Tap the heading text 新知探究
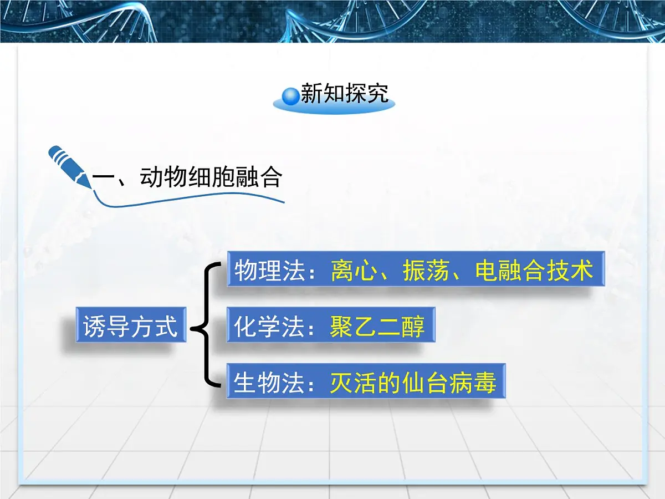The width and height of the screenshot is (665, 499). (x=344, y=94)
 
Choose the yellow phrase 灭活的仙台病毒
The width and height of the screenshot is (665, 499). (x=413, y=383)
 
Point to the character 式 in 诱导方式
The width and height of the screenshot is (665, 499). (x=165, y=325)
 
